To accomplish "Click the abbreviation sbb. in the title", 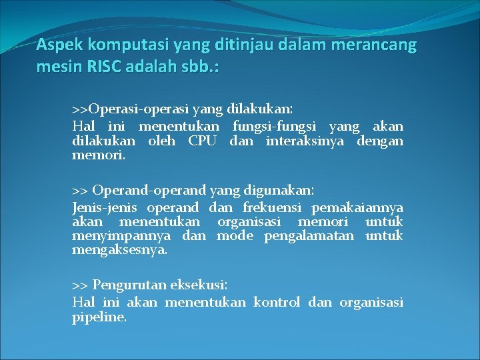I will [201, 67].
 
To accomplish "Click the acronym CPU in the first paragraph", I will [203, 141].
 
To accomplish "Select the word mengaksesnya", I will [120, 251].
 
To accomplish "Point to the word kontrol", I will [277, 303].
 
